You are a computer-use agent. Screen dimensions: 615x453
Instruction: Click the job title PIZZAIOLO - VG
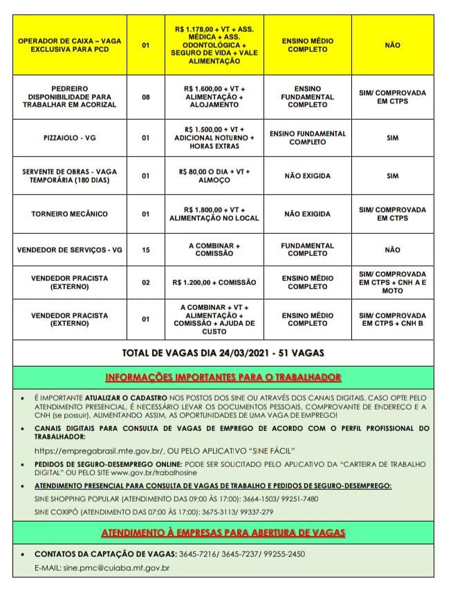(68, 138)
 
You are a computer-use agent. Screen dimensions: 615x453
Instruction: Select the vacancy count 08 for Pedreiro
(145, 97)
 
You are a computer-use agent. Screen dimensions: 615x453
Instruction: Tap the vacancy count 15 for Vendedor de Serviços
(145, 249)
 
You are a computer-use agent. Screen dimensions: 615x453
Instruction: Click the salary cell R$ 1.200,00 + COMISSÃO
(214, 282)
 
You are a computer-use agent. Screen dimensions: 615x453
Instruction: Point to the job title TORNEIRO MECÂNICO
(68, 214)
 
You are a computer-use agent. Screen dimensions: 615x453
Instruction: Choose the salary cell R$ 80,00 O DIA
(214, 175)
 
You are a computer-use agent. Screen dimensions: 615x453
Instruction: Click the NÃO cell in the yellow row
(392, 45)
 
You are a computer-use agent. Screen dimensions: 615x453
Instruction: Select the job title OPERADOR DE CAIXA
(68, 45)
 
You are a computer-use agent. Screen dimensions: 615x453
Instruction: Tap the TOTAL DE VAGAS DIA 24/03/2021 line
(223, 352)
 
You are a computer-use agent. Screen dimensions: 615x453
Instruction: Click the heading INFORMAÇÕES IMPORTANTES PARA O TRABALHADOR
(223, 377)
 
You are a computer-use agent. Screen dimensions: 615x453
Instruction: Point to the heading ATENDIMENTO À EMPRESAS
(223, 533)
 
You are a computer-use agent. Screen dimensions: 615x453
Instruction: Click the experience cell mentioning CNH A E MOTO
(392, 282)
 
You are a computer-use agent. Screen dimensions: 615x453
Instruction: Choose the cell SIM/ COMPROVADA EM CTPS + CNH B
(392, 319)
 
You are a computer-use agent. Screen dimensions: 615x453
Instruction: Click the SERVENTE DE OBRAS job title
(68, 176)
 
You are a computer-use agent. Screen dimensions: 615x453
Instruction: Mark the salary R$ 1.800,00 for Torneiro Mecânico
(214, 214)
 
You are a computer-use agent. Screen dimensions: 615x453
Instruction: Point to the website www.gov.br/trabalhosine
(153, 472)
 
